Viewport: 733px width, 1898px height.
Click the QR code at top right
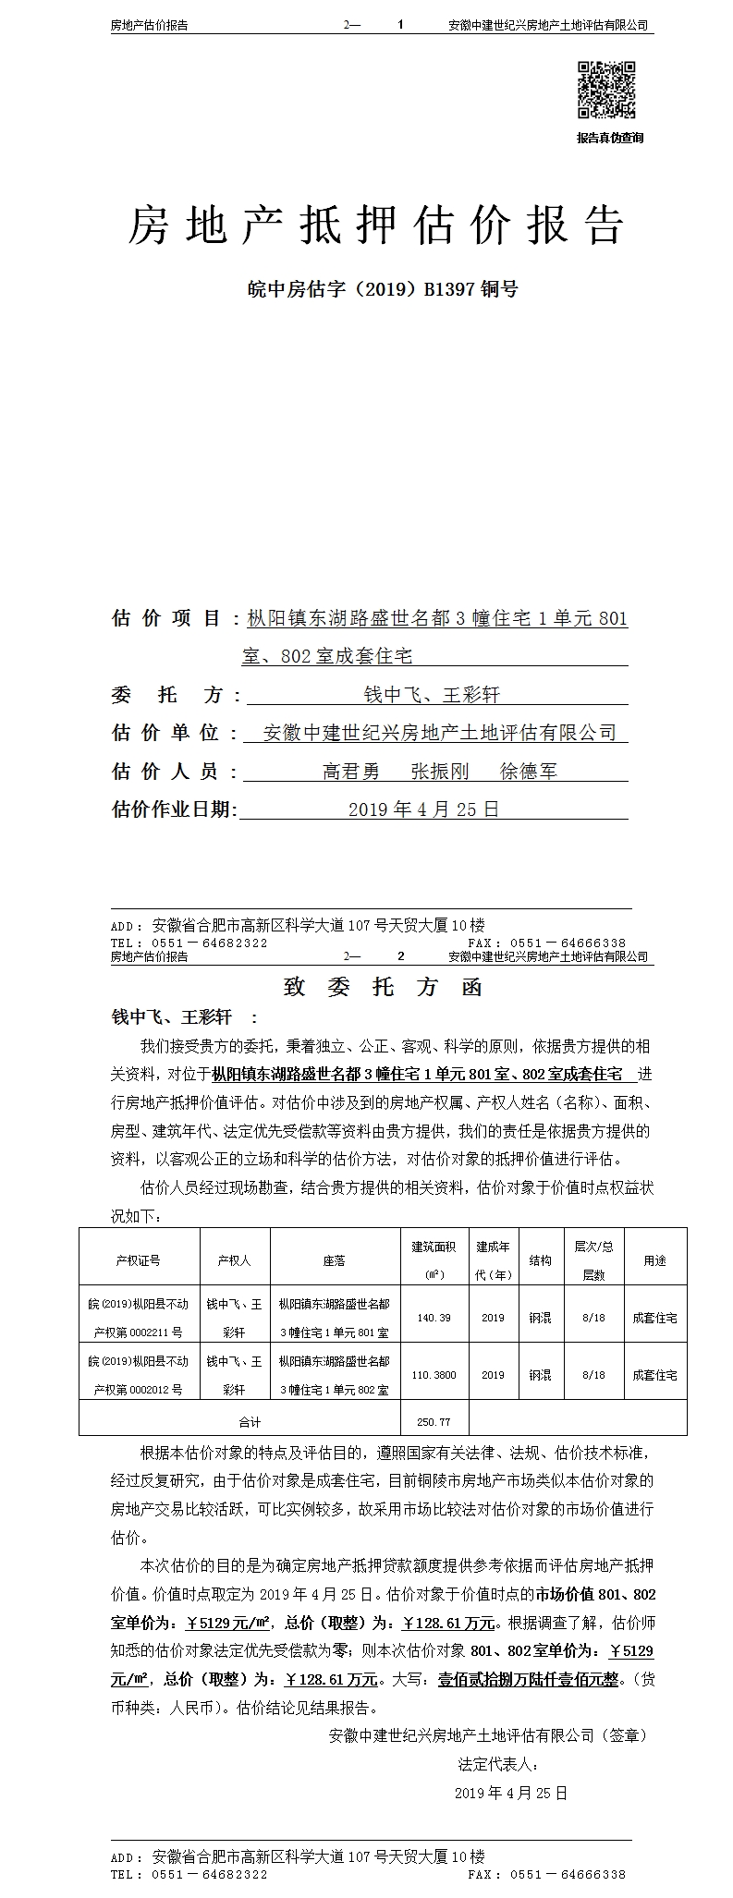tap(606, 90)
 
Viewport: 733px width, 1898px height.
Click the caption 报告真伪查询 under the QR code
tap(609, 138)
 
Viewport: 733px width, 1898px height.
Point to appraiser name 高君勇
tap(350, 771)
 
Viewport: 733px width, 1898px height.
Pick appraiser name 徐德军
tap(528, 771)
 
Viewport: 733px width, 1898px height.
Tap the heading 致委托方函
tap(383, 987)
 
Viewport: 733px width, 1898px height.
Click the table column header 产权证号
tap(139, 1260)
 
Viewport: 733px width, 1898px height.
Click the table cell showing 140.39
tap(434, 1318)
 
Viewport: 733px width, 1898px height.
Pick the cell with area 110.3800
tap(434, 1375)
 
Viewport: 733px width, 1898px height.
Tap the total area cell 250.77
tap(434, 1421)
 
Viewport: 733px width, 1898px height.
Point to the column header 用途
tap(654, 1260)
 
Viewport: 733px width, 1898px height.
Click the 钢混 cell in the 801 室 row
tap(540, 1318)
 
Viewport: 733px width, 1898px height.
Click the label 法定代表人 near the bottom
tap(498, 1764)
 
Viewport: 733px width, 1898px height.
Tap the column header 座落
tap(334, 1260)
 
